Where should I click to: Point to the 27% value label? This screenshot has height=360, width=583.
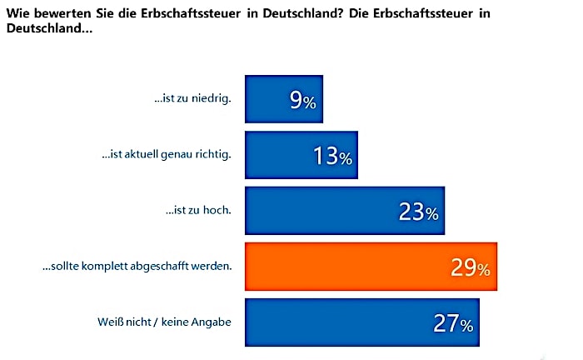(454, 324)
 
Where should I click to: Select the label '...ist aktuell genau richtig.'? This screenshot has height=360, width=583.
(166, 156)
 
